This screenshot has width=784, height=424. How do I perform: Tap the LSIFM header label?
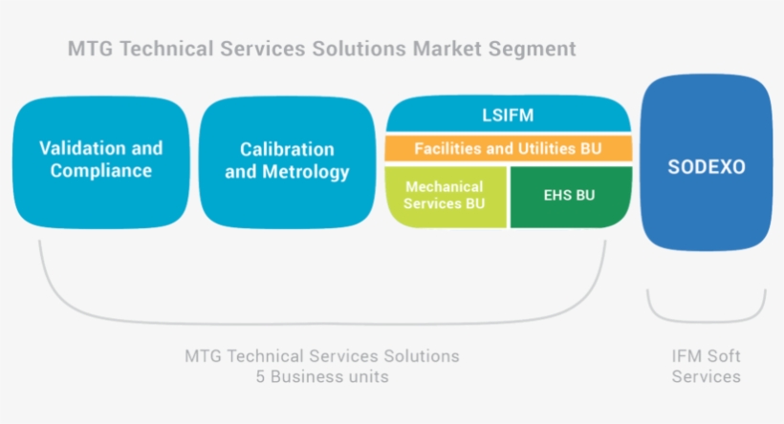508,116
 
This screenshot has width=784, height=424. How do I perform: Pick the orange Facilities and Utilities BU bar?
508,149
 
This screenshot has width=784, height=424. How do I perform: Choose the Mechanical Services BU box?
445,196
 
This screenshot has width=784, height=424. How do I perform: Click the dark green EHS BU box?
570,196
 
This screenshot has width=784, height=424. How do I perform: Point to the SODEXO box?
706,166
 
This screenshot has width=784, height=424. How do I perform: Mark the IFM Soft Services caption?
706,366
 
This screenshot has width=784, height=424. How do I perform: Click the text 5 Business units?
321,376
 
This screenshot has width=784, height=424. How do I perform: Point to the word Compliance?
101,172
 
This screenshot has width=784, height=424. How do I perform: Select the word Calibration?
287,150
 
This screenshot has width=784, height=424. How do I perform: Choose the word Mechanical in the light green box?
445,187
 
